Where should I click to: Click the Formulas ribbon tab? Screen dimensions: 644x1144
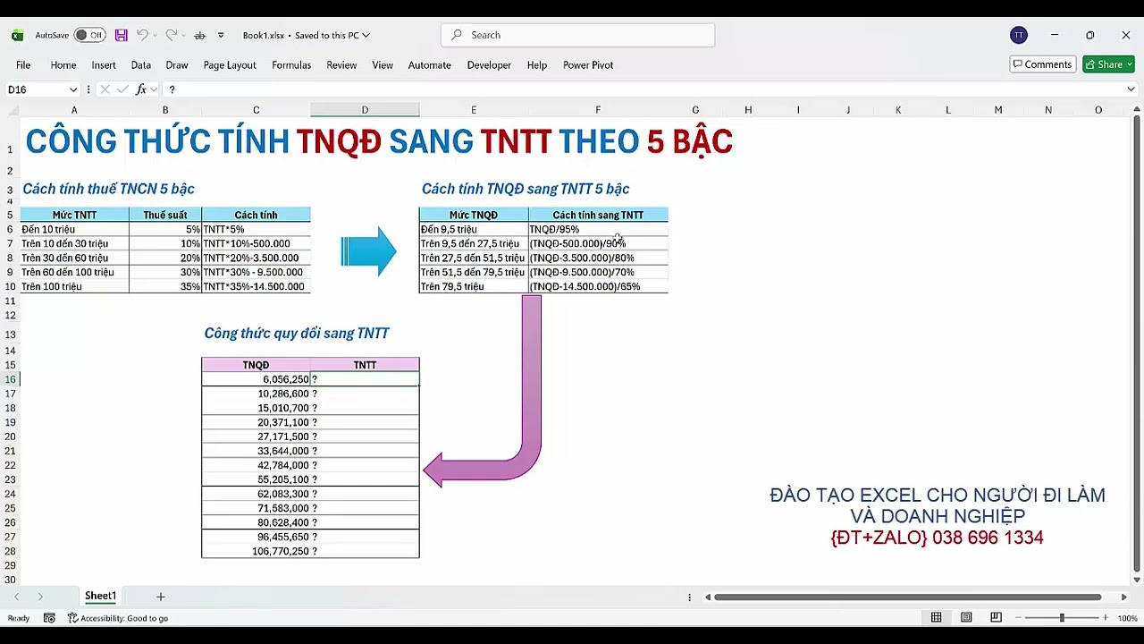291,65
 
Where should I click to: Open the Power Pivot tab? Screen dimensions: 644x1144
587,65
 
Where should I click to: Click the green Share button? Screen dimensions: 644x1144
1107,64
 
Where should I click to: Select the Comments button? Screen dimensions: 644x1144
1042,64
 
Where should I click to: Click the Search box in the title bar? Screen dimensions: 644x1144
577,35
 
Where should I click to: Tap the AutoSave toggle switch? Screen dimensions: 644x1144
88,35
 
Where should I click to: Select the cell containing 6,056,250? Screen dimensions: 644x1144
256,379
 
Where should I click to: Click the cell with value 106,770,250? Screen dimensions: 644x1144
256,551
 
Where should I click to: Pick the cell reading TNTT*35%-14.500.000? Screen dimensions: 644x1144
256,286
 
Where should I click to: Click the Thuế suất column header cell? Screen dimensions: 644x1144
165,215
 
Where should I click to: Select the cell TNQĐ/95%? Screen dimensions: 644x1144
597,229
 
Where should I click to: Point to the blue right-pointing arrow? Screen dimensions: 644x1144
369,251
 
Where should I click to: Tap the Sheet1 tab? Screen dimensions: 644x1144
100,597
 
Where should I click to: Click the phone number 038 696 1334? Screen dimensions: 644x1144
987,538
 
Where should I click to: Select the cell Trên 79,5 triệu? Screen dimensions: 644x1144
473,286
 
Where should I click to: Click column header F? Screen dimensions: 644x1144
598,110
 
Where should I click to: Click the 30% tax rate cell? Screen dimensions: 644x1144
165,272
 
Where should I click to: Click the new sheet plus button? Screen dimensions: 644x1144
161,597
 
